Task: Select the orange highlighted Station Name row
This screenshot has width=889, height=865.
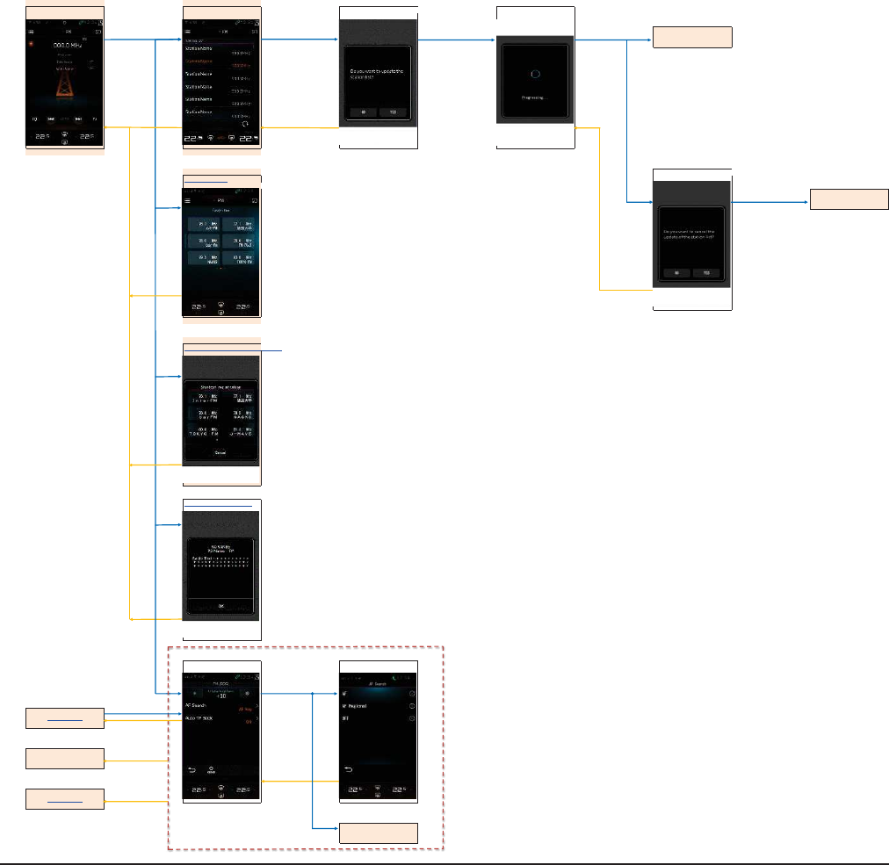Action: [x=220, y=61]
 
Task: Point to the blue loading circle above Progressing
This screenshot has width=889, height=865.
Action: [x=536, y=76]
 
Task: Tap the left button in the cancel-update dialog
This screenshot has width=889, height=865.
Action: [x=676, y=273]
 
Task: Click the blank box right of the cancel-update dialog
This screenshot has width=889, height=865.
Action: [x=849, y=199]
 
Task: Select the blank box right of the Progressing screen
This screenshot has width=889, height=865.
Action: [x=691, y=38]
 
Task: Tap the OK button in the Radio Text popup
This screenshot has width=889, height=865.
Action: [x=220, y=606]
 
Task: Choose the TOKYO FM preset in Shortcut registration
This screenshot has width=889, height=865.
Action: [x=203, y=433]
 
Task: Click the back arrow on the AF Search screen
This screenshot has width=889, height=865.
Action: [x=349, y=770]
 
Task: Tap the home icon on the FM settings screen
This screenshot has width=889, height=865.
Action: [x=211, y=768]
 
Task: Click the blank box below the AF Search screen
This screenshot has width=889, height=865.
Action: [x=378, y=833]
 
